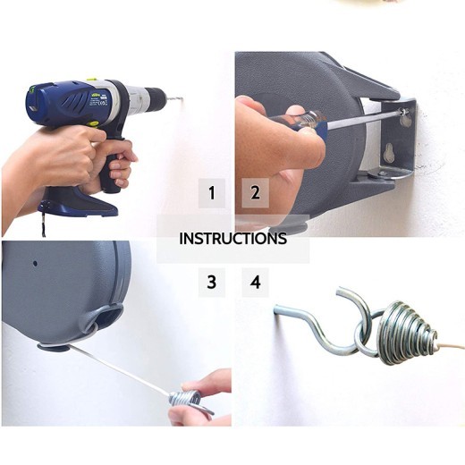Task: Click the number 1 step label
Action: (212, 193)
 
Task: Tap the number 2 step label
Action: (256, 193)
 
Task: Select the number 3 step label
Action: (212, 283)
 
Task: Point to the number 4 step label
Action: (256, 283)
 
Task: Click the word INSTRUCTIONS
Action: (232, 239)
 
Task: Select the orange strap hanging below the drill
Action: (41, 224)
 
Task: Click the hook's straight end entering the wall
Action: (286, 312)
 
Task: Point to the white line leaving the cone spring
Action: (452, 344)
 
